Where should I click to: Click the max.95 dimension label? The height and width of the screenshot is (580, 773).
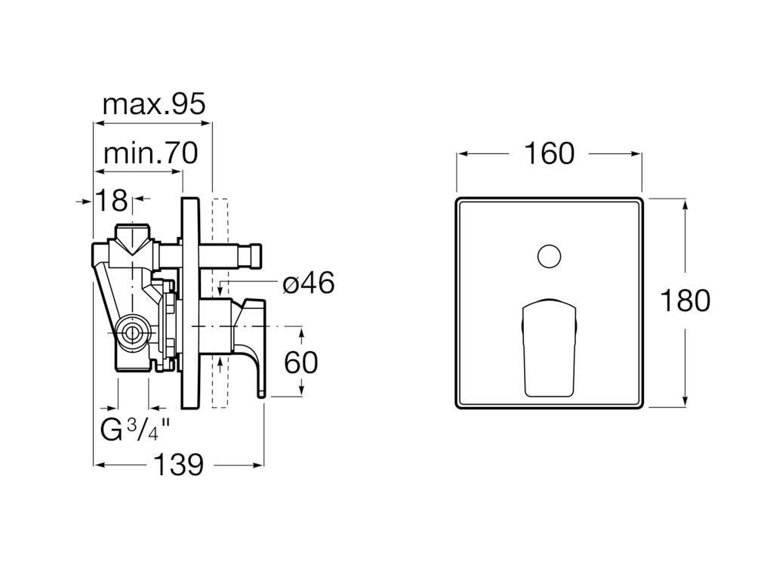[153, 104]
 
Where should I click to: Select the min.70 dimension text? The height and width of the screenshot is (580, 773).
[150, 153]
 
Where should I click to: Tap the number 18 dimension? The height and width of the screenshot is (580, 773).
[111, 201]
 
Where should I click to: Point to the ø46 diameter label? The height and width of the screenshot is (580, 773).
[308, 283]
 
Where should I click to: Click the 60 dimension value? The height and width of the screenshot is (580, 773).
[300, 362]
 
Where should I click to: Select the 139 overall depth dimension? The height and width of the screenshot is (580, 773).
[178, 464]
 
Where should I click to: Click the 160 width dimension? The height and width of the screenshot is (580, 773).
[549, 153]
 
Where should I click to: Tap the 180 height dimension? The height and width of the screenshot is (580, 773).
[685, 301]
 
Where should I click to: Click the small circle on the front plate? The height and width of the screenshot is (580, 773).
[550, 256]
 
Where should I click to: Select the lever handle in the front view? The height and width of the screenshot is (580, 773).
[549, 347]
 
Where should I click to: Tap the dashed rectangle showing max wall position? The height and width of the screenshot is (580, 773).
[220, 302]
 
